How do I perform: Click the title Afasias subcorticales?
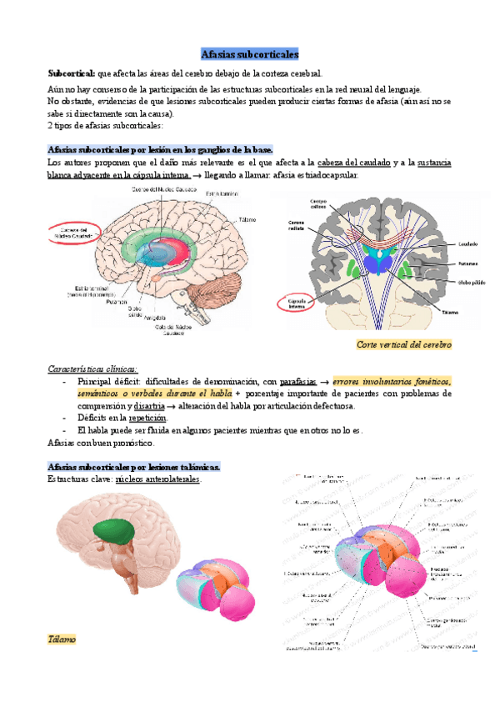(x=250, y=53)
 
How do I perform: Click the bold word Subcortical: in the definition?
(x=72, y=74)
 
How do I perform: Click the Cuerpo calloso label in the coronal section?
(x=318, y=204)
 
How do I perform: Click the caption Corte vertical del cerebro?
(x=403, y=344)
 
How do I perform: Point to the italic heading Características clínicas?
(x=92, y=368)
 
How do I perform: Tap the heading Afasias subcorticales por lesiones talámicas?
(x=134, y=466)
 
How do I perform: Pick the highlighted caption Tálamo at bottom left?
(x=62, y=639)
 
